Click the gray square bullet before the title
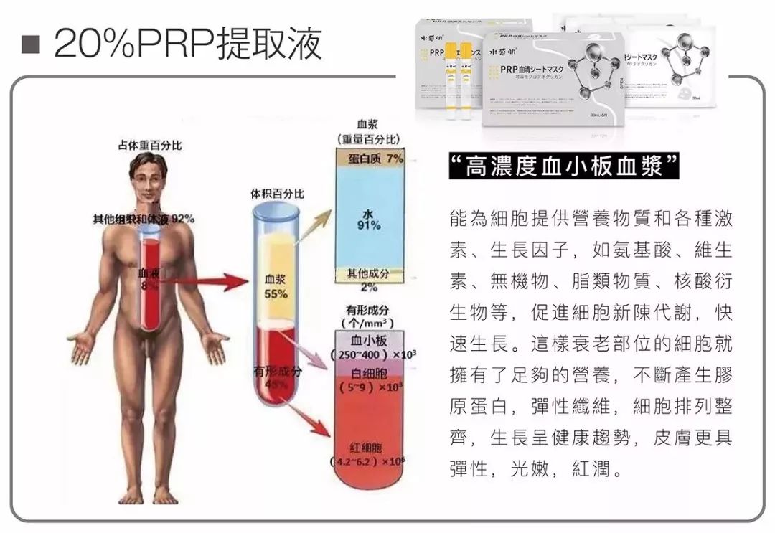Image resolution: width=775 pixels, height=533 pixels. [x=29, y=45]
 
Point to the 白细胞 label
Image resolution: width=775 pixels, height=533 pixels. [x=367, y=374]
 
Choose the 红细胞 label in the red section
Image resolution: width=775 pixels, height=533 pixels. [x=368, y=448]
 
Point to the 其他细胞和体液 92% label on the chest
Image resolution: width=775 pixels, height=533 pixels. [x=144, y=218]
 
